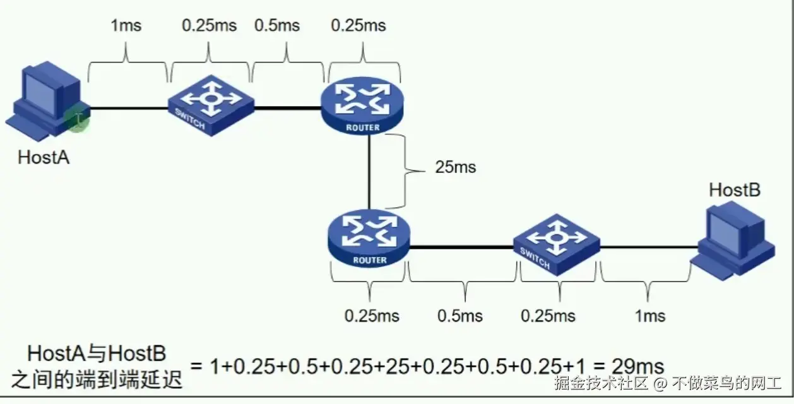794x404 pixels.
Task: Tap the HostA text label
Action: click(44, 157)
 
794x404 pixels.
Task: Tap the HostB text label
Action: click(735, 189)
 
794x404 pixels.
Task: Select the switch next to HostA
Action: click(211, 104)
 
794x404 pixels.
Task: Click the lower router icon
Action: click(369, 239)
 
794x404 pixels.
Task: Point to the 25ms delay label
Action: click(455, 167)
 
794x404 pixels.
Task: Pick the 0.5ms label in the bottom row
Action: click(460, 316)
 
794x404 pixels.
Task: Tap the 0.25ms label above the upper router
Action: click(358, 26)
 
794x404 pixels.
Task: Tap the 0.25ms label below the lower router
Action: click(372, 316)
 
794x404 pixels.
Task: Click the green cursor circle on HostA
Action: click(77, 119)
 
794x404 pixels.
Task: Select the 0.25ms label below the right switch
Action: click(548, 316)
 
